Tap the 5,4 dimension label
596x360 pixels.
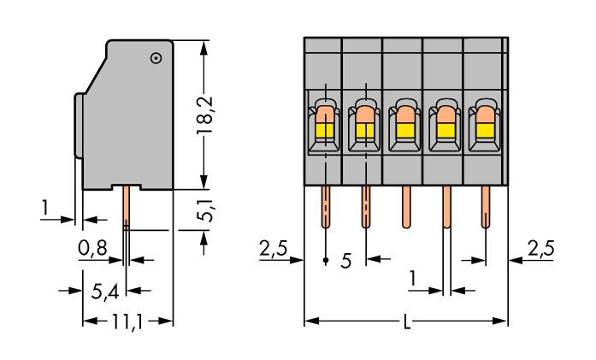[x=105, y=291]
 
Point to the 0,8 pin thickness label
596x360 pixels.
[x=93, y=250]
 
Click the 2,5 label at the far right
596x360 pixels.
[x=540, y=249]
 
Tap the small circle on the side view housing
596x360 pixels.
[x=156, y=58]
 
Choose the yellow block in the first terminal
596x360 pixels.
[x=325, y=130]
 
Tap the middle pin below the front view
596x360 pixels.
[x=405, y=208]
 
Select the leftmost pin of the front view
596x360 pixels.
[x=325, y=208]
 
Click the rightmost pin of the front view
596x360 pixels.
[x=486, y=208]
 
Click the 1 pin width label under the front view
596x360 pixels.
[x=413, y=278]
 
